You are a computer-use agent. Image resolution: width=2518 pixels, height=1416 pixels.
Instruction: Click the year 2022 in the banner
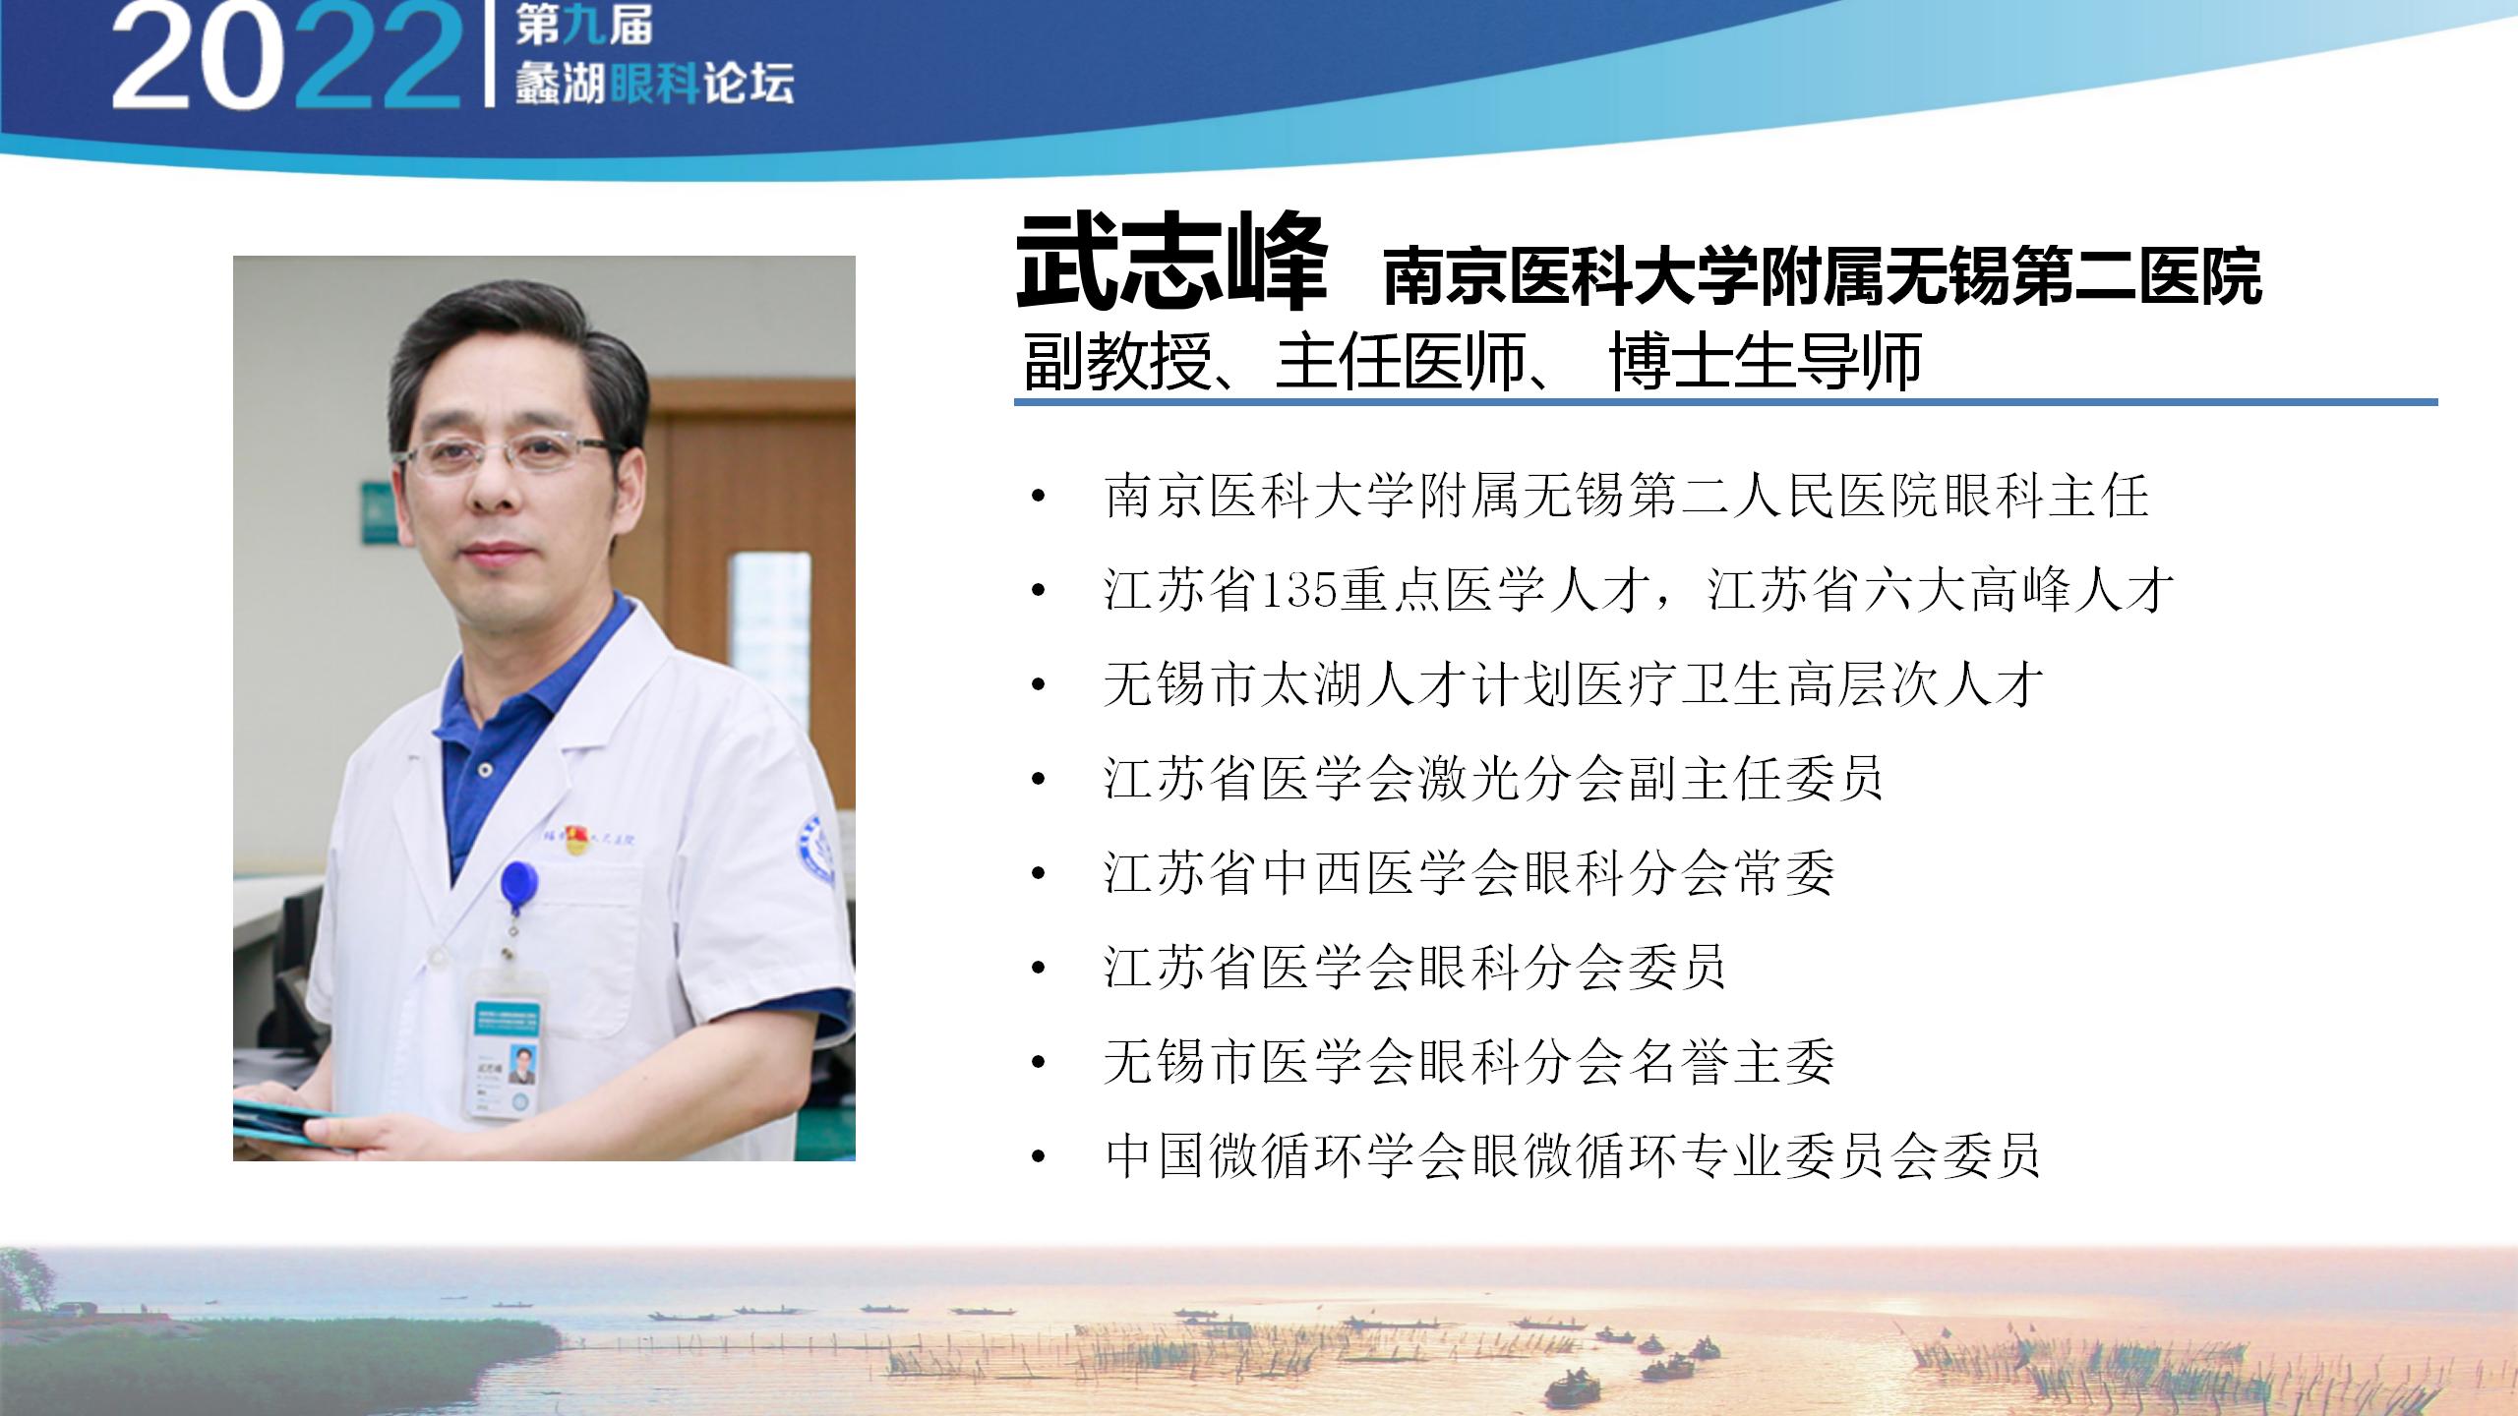(285, 59)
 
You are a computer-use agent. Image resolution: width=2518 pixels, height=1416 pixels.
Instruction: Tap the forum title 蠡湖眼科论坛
(655, 85)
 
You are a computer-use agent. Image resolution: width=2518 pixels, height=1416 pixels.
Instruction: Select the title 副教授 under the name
(1115, 362)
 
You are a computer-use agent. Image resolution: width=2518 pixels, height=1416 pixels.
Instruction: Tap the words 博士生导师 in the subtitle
(1766, 362)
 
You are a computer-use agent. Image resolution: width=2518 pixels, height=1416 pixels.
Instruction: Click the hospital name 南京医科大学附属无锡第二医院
(1823, 276)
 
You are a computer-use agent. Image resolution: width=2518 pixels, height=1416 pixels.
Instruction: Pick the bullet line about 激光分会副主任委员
(1493, 779)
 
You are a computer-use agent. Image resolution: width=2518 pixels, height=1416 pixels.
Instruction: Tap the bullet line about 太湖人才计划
(1574, 684)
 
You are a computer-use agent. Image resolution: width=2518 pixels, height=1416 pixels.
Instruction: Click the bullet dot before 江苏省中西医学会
(1038, 874)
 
